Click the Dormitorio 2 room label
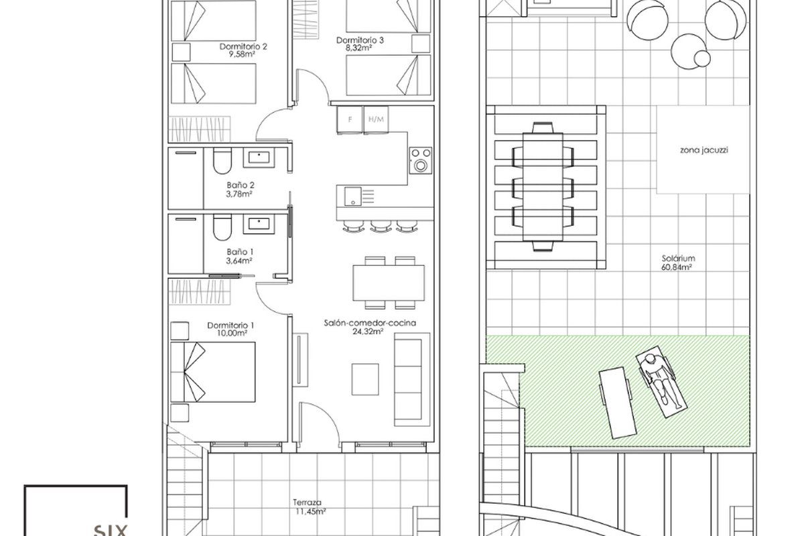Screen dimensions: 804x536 click(243, 47)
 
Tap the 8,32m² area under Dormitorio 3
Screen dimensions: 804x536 click(358, 48)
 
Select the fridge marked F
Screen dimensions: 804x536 click(350, 119)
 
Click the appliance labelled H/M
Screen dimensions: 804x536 click(376, 119)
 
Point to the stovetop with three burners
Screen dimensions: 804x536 click(420, 161)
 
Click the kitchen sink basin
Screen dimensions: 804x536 click(353, 196)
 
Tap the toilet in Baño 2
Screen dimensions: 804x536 click(222, 161)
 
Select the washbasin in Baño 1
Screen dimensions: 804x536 click(259, 224)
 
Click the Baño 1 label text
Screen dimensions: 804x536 click(240, 252)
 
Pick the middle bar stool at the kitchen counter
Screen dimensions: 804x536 click(381, 226)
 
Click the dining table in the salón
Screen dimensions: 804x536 click(389, 283)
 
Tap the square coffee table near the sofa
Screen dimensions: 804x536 click(365, 379)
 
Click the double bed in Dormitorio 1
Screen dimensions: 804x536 click(213, 372)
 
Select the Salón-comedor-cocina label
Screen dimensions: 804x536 click(370, 323)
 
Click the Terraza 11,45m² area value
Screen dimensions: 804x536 click(311, 511)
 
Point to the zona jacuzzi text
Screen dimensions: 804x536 click(704, 150)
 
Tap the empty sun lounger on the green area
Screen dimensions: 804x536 click(617, 403)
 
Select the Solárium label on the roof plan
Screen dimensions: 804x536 click(678, 258)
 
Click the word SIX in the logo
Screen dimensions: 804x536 click(110, 531)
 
